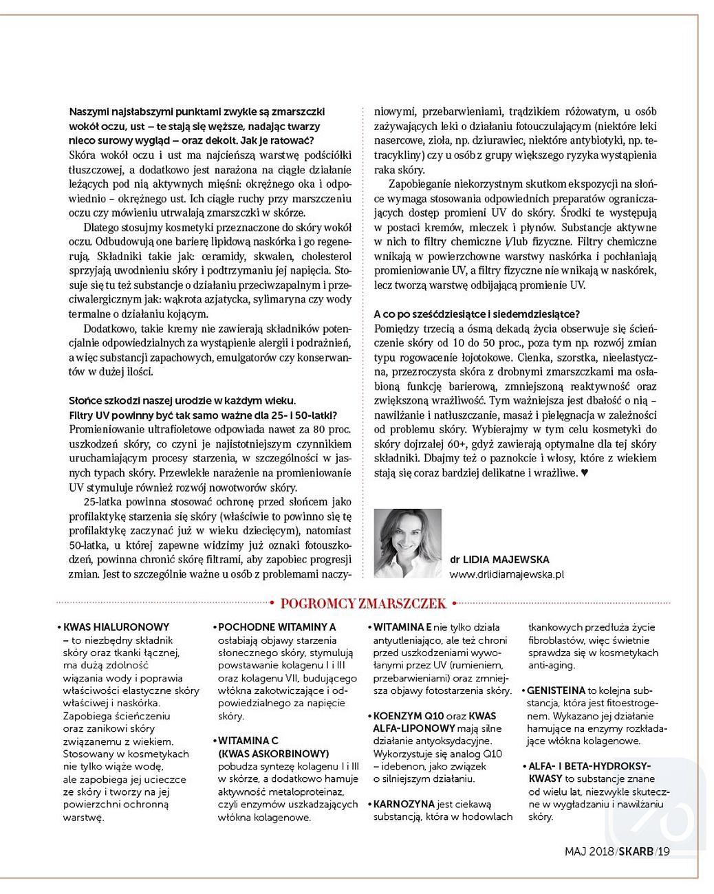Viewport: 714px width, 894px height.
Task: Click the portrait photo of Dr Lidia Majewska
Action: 408,543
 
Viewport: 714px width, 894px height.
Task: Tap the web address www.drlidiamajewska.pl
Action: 507,574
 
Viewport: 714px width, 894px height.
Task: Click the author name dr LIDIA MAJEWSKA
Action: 500,559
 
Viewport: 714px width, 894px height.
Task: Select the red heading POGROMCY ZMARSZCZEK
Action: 364,604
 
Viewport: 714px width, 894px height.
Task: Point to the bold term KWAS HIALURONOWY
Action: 116,627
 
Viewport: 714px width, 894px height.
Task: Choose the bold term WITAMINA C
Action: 248,741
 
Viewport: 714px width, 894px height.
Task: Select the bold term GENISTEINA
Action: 556,690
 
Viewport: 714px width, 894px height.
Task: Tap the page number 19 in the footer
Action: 663,851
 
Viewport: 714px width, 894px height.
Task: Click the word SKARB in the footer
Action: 636,851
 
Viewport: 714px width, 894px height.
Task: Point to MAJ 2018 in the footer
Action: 589,851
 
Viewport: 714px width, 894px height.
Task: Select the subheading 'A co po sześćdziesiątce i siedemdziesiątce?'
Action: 477,314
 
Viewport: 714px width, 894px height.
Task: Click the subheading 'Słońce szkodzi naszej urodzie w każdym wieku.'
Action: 182,400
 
